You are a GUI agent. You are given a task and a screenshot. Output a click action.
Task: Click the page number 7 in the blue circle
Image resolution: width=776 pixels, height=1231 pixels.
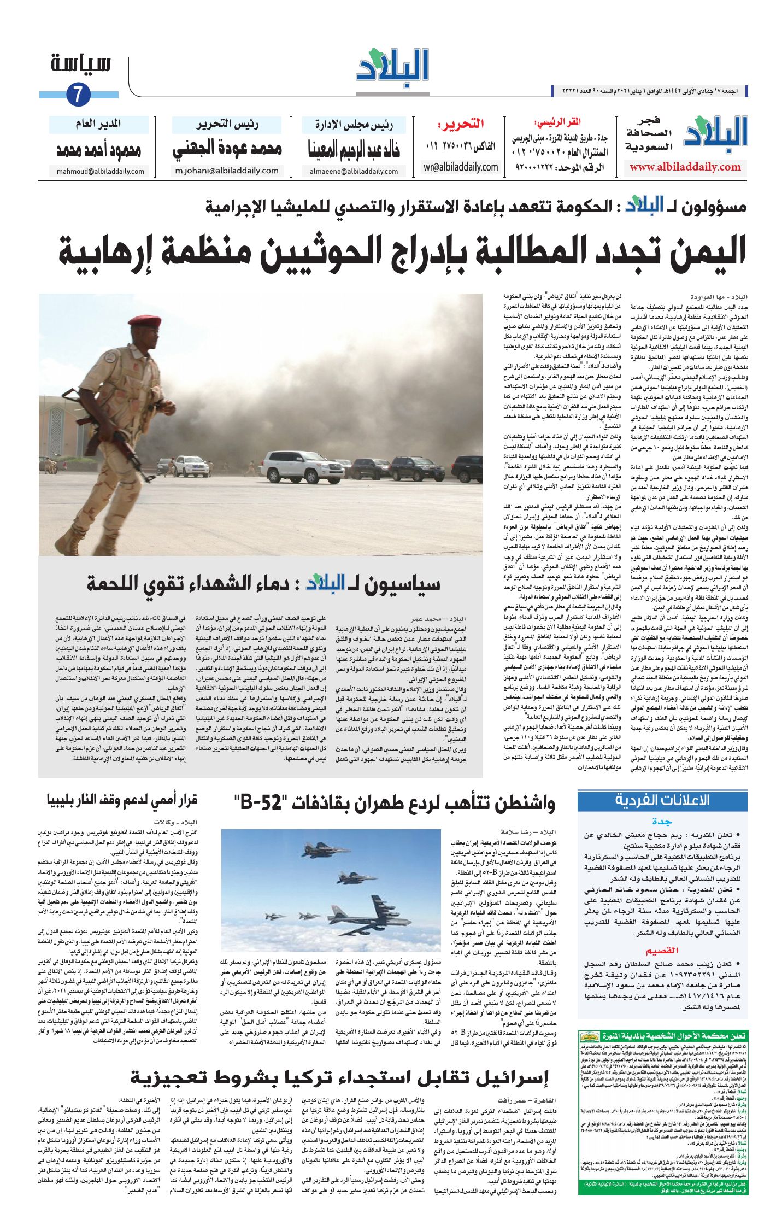click(x=78, y=95)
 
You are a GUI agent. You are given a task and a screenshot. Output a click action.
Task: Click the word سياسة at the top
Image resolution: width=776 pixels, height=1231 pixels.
click(x=81, y=63)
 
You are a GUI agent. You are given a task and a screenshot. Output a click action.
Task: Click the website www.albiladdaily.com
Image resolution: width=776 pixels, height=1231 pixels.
click(x=685, y=167)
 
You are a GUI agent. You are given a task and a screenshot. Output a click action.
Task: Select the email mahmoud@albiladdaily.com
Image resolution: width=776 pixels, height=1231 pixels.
click(x=101, y=171)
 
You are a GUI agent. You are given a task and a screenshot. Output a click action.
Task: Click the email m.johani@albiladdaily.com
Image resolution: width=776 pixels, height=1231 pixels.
click(x=227, y=171)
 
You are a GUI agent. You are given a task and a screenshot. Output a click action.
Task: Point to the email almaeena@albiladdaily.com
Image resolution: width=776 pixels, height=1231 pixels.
click(x=354, y=171)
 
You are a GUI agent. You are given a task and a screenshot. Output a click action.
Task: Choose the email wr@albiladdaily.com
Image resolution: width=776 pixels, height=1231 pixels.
click(x=461, y=167)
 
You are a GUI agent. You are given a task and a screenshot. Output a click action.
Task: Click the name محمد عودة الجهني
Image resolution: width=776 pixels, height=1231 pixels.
click(x=227, y=149)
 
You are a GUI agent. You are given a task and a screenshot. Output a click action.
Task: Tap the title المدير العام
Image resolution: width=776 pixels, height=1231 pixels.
click(x=98, y=125)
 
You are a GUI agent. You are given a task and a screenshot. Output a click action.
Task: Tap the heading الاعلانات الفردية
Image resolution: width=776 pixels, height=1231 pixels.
click(x=662, y=800)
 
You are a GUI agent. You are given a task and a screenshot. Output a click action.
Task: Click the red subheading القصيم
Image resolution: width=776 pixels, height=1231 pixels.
click(x=662, y=951)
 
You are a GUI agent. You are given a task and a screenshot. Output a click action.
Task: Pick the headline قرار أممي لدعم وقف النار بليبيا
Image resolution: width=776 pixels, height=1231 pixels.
click(x=121, y=800)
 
